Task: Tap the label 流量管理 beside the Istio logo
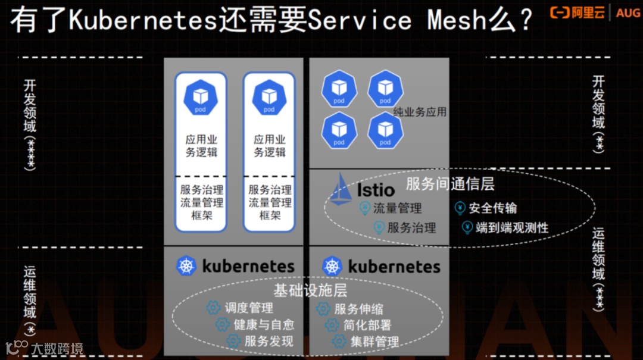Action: click(x=397, y=208)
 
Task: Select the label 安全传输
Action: click(x=492, y=208)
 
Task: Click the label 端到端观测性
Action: click(x=512, y=227)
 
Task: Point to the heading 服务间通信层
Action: click(x=450, y=183)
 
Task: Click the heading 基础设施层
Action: click(x=310, y=290)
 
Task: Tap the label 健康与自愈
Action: click(x=264, y=325)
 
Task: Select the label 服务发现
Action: click(x=269, y=342)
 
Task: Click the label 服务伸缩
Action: click(x=358, y=309)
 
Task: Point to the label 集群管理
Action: click(x=374, y=342)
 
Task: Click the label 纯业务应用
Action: click(x=420, y=112)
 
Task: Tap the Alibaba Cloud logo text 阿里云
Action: click(x=588, y=12)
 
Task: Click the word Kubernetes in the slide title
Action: click(x=142, y=21)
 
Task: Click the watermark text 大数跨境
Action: click(x=57, y=349)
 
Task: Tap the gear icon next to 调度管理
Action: click(x=213, y=308)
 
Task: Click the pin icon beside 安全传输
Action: click(x=460, y=208)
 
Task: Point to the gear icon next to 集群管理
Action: click(x=339, y=342)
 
